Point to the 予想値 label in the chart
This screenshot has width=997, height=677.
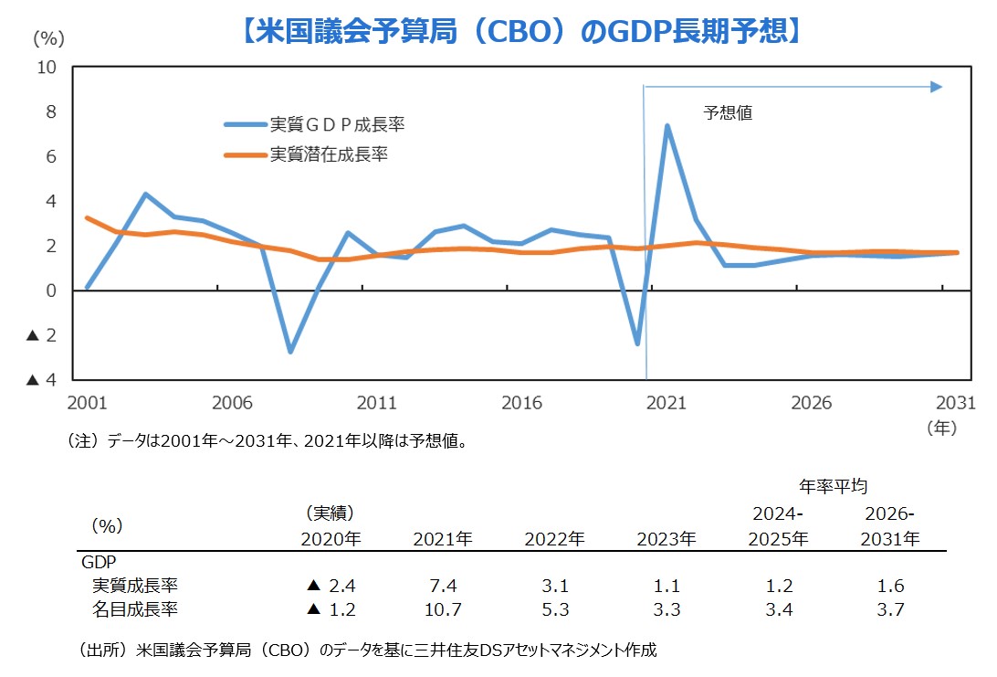728,114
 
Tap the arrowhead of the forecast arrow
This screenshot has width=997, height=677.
936,87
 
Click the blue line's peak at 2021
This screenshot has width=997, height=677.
667,126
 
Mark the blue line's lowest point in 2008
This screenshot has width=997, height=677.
290,351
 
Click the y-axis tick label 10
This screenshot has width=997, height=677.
47,68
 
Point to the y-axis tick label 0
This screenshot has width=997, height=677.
51,291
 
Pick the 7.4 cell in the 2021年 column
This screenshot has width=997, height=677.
442,586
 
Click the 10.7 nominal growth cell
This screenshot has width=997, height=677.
442,609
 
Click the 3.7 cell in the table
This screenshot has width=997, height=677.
890,609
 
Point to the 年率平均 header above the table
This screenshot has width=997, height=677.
839,486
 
